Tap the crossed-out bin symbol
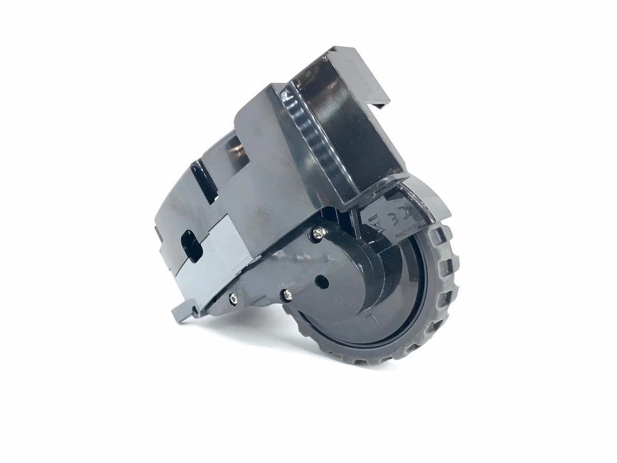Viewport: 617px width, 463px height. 379,222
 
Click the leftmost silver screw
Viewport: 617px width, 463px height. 233,297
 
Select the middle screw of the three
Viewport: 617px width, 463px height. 287,295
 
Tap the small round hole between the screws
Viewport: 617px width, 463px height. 321,281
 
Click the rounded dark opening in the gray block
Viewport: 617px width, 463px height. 191,246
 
